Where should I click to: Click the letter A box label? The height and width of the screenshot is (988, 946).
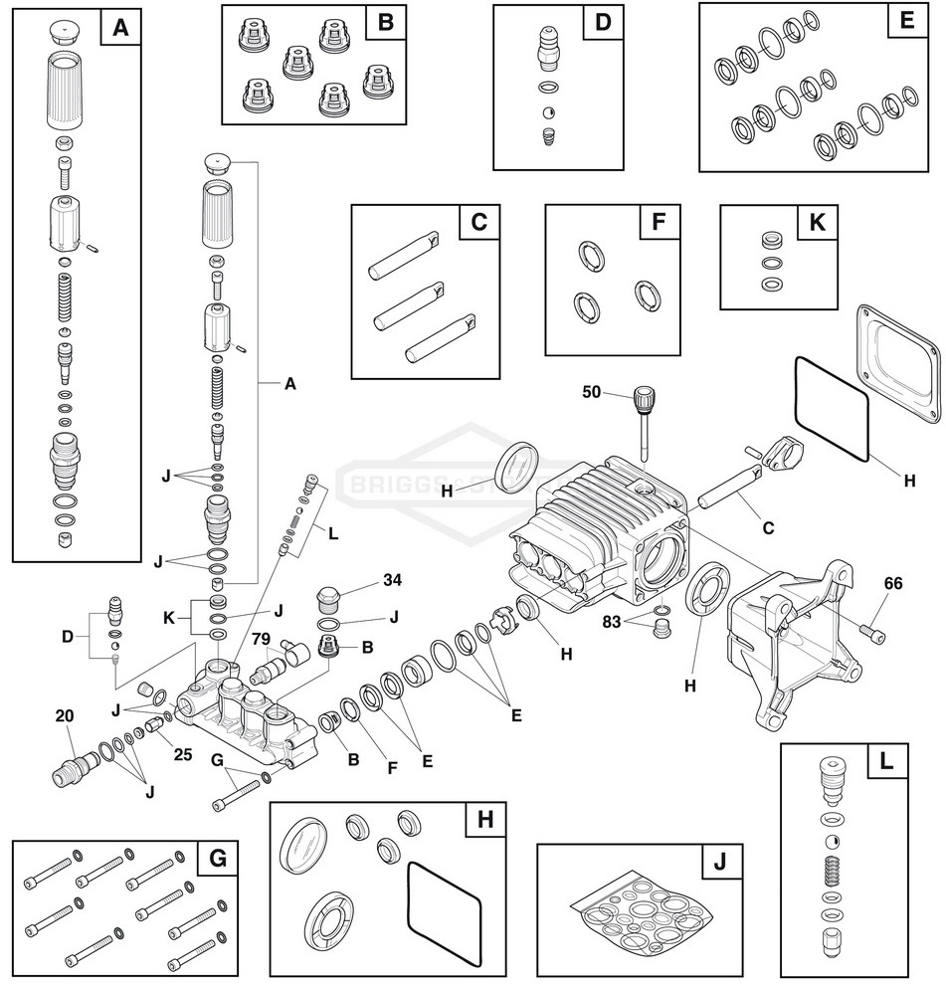[120, 29]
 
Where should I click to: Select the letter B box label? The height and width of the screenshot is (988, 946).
[385, 22]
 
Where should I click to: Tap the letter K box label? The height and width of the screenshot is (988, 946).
[817, 223]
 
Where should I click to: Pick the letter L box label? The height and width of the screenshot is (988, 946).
[884, 762]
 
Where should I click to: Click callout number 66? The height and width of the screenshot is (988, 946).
[892, 583]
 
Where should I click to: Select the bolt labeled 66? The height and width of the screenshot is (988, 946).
[871, 629]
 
